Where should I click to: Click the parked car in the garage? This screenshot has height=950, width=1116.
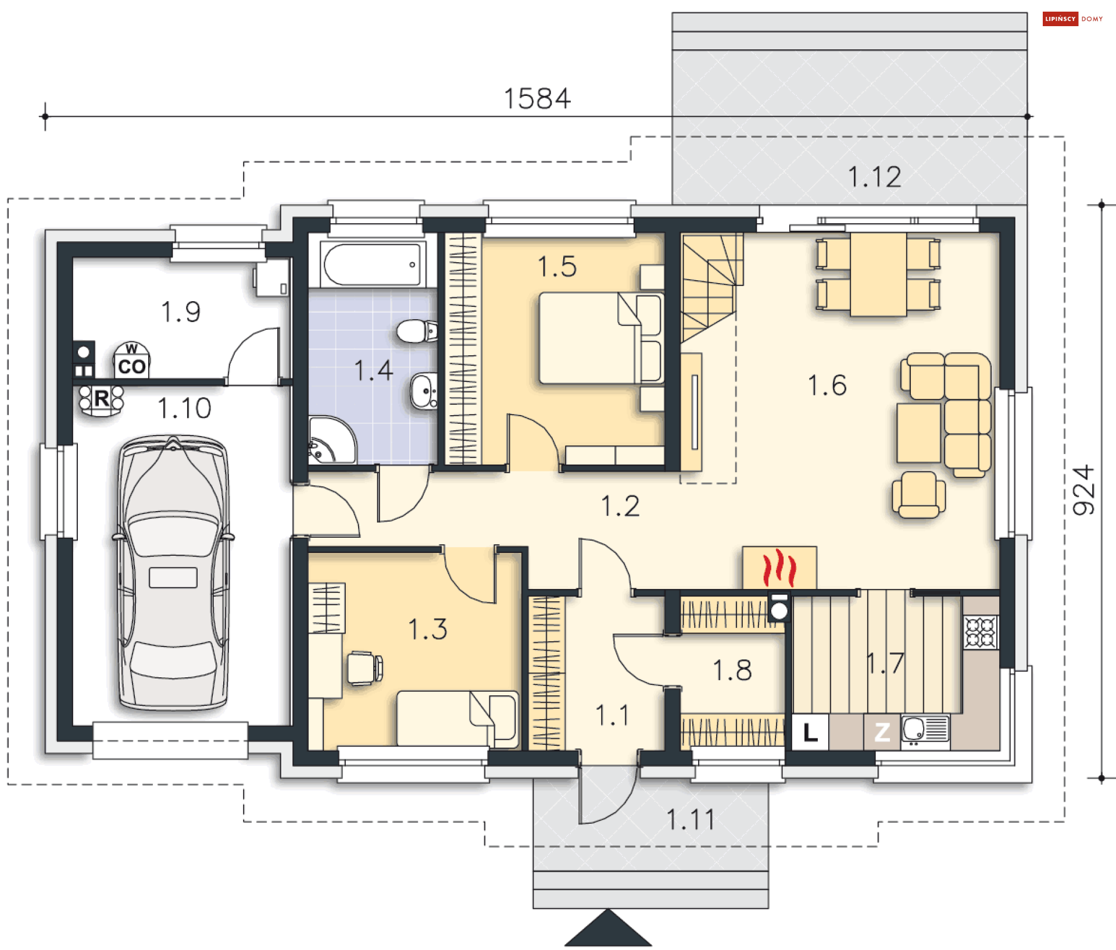tap(173, 573)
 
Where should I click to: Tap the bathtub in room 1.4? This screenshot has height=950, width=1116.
tap(372, 265)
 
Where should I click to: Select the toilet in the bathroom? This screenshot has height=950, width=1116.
tap(417, 331)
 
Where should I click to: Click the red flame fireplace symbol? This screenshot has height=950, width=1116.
tap(779, 568)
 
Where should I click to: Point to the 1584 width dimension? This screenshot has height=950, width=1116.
tap(537, 99)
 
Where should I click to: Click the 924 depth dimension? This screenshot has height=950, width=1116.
tap(1083, 490)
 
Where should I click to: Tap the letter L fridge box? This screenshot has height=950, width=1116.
tap(810, 731)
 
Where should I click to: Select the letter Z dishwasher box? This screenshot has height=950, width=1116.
tap(882, 731)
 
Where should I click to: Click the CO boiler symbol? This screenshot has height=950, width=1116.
tap(131, 360)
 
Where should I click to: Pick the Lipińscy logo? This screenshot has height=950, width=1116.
tap(1073, 19)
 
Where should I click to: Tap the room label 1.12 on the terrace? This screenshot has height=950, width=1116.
tap(874, 177)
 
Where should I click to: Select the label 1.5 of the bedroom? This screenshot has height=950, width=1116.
tap(557, 266)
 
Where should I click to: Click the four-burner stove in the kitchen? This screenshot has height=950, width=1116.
tap(981, 632)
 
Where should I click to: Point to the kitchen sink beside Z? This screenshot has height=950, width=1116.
tap(925, 731)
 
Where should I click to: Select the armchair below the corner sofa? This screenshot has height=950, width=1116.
tap(918, 495)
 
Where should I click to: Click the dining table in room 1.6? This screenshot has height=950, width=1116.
tap(878, 274)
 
